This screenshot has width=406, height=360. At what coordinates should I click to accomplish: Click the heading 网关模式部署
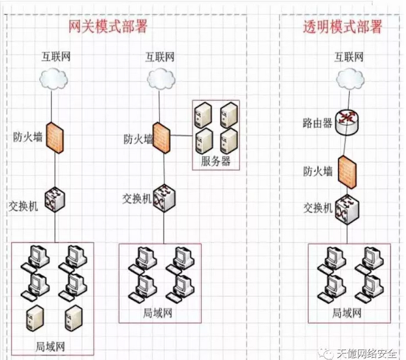pos(107,27)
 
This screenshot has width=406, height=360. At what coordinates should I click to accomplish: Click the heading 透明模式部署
pos(343,27)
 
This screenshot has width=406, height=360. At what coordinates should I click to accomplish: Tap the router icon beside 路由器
pos(349,120)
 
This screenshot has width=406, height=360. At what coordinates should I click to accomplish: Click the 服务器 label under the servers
pos(216,162)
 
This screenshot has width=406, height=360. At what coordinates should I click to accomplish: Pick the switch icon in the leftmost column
pos(55,199)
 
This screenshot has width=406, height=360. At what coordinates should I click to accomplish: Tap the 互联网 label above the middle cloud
pos(160,57)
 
